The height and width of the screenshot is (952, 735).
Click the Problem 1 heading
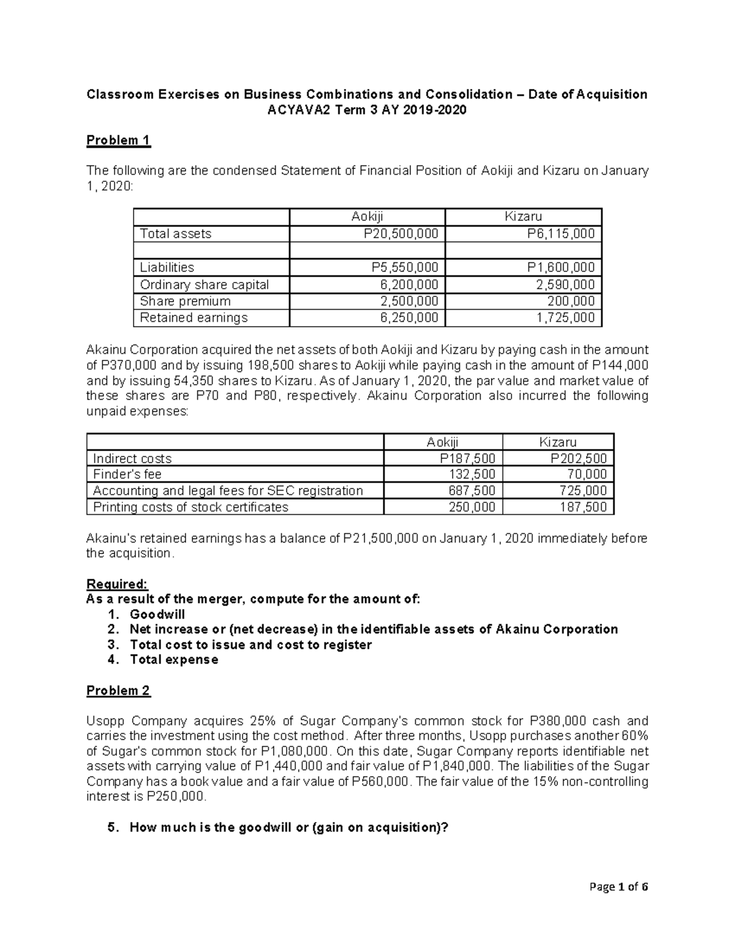click(x=118, y=140)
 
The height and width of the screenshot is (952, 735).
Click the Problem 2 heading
click(x=118, y=691)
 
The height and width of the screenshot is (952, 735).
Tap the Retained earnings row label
click(x=194, y=318)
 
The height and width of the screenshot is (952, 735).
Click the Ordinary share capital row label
click(x=204, y=284)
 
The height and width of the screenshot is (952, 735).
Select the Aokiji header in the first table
click(x=367, y=216)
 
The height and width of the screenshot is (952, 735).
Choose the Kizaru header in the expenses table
click(x=557, y=442)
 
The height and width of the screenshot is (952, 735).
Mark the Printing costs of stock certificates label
click(x=190, y=507)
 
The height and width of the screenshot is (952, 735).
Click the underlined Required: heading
click(x=117, y=584)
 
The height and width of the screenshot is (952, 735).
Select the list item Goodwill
click(x=157, y=614)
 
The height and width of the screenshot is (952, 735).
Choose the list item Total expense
click(x=174, y=660)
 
